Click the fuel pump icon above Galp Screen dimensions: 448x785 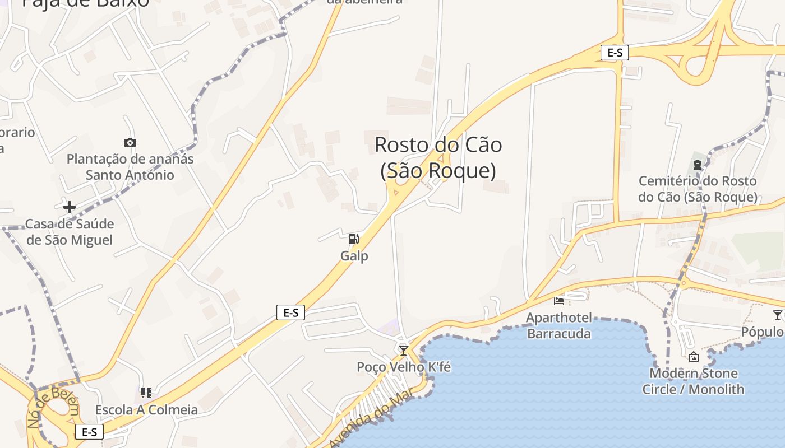354,240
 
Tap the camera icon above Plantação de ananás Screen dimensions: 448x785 130,143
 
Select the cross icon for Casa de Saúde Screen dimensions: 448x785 70,208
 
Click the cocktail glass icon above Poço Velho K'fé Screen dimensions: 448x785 403,351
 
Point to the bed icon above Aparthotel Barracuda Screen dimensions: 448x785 559,301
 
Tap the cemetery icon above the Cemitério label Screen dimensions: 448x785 698,165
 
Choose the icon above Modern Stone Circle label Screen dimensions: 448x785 694,357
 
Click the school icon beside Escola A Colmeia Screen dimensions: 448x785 146,393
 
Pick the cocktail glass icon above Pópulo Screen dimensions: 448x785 777,315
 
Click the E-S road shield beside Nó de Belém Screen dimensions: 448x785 89,432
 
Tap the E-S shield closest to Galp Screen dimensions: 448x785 290,312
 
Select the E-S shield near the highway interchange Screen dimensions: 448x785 615,53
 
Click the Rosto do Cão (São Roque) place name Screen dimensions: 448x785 438,157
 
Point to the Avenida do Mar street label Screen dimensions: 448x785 371,417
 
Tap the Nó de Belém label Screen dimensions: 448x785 54,406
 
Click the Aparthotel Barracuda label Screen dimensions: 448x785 558,326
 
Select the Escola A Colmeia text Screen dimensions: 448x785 146,410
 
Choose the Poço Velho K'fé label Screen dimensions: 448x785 404,367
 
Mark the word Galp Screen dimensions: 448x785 354,256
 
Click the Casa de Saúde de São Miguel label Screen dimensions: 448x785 70,232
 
